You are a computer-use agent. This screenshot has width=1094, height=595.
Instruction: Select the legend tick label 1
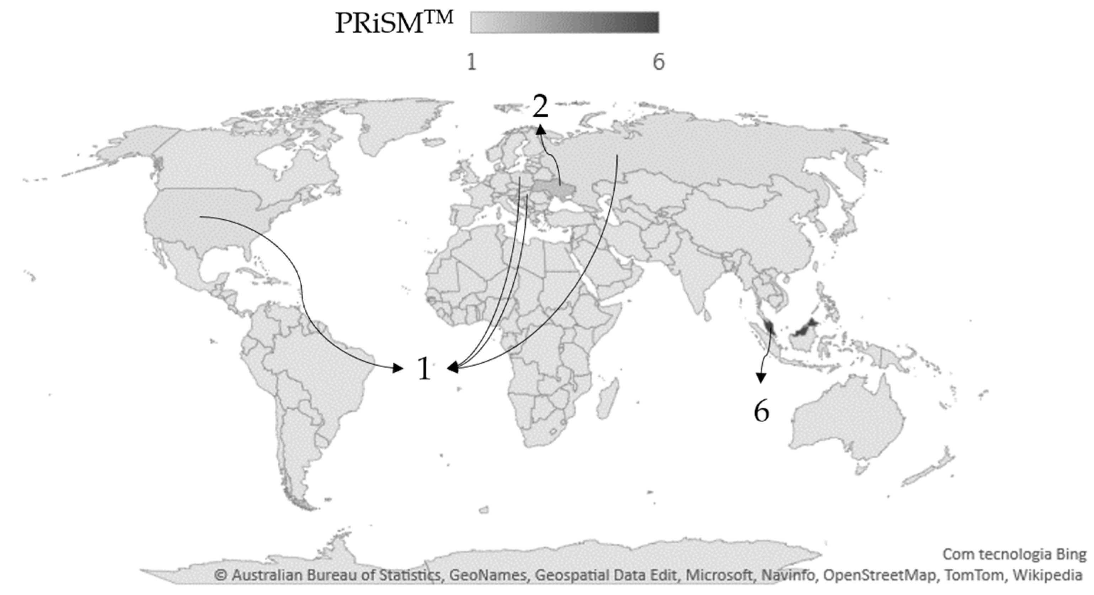pyautogui.click(x=472, y=63)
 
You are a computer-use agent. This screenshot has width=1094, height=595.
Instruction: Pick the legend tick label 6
pyautogui.click(x=658, y=63)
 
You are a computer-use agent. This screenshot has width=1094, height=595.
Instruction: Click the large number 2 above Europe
pyautogui.click(x=540, y=107)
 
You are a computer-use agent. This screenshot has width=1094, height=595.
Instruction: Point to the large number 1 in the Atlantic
pyautogui.click(x=424, y=368)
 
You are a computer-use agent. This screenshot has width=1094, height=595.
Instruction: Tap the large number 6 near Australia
pyautogui.click(x=761, y=411)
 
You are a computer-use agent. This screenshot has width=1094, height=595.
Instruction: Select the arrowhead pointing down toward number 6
pyautogui.click(x=761, y=378)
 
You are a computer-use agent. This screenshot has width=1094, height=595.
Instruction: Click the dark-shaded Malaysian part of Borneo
pyautogui.click(x=805, y=328)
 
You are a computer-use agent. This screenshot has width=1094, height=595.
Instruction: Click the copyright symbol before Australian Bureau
pyautogui.click(x=220, y=575)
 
